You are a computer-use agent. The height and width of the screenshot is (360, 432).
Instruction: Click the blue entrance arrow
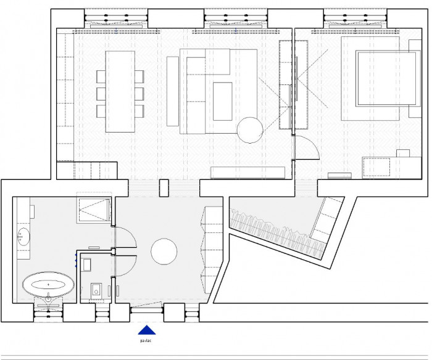146,330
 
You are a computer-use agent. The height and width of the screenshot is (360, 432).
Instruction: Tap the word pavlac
146,339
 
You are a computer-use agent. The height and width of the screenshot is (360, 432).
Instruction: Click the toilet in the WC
96,290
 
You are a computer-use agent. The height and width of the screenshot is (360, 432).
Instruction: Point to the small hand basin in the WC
86,264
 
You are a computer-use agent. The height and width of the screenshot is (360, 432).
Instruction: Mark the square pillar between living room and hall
164,188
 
